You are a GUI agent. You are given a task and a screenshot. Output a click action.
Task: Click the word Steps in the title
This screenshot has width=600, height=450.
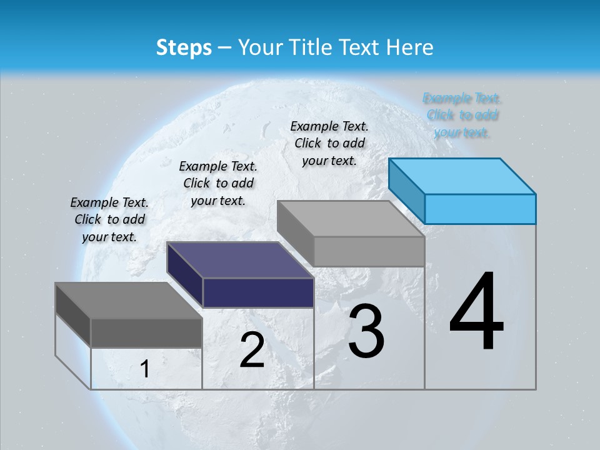click(x=183, y=47)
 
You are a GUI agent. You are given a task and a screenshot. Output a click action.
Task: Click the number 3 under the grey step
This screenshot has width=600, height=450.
click(x=366, y=331)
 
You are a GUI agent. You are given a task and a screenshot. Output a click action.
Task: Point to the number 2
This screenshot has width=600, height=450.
click(x=252, y=350)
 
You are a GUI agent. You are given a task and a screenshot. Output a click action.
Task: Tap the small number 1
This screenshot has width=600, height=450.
click(x=145, y=369)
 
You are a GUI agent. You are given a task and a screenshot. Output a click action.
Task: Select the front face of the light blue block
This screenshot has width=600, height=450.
click(x=480, y=209)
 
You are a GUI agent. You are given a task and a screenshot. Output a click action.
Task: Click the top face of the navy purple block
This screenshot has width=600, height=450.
click(x=240, y=260)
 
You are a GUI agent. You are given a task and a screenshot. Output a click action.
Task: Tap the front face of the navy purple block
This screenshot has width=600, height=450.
click(x=258, y=292)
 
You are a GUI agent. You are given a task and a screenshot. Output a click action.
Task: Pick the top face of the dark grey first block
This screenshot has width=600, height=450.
click(x=129, y=301)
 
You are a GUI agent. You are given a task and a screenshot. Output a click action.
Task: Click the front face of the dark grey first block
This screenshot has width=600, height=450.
click(x=146, y=332)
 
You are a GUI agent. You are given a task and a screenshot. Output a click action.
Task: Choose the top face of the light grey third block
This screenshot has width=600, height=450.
click(x=350, y=219)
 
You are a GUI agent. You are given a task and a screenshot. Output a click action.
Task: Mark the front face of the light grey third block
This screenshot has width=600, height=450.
click(x=369, y=251)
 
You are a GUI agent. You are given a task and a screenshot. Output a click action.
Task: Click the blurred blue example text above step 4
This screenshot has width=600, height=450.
click(x=462, y=115)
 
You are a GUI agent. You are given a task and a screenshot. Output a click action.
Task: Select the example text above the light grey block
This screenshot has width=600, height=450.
click(x=329, y=143)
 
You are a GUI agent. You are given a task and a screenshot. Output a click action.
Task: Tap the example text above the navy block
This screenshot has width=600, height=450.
click(x=218, y=183)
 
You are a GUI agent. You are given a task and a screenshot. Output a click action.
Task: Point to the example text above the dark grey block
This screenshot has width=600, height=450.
click(x=109, y=219)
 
